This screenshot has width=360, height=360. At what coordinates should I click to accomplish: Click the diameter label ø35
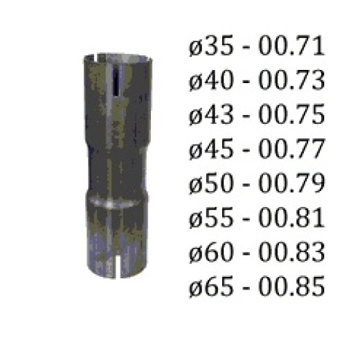point(211,46)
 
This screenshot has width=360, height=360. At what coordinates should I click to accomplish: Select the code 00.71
point(291,46)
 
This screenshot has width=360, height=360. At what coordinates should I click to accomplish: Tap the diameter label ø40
point(211,80)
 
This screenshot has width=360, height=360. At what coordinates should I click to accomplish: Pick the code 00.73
point(291,80)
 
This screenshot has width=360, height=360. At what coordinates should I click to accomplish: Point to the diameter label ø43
point(211,115)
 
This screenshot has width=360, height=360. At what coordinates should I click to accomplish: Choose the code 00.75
point(291,115)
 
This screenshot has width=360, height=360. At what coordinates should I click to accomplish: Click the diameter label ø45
point(211,150)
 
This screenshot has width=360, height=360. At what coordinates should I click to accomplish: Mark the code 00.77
point(291,150)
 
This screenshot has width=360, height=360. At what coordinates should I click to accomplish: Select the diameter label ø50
point(211,183)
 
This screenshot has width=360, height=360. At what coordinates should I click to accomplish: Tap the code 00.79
point(291,183)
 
